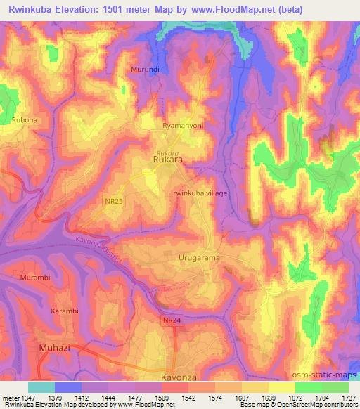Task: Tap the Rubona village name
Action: point(24,120)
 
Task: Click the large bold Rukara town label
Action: point(168,161)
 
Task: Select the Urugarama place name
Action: point(199,258)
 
